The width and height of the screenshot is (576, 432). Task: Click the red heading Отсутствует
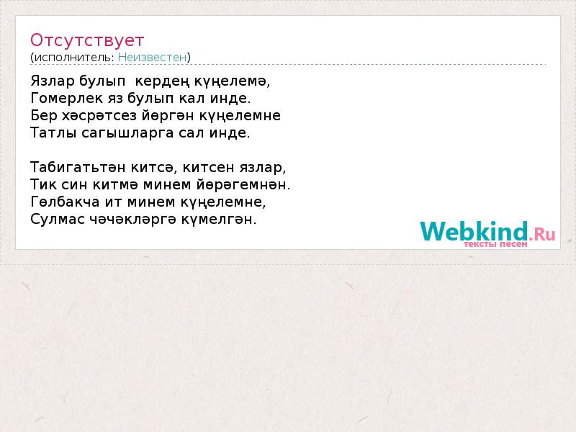click(87, 40)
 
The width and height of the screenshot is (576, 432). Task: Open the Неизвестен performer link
click(152, 58)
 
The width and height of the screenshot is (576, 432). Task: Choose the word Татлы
click(53, 132)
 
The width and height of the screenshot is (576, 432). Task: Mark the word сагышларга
click(127, 133)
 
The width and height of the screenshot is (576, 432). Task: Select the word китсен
click(209, 167)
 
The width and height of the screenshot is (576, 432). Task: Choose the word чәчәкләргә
click(132, 220)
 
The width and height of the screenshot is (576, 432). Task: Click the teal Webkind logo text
click(474, 230)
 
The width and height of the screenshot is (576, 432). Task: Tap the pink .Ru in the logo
click(542, 234)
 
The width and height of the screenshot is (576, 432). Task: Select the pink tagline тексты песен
click(495, 244)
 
